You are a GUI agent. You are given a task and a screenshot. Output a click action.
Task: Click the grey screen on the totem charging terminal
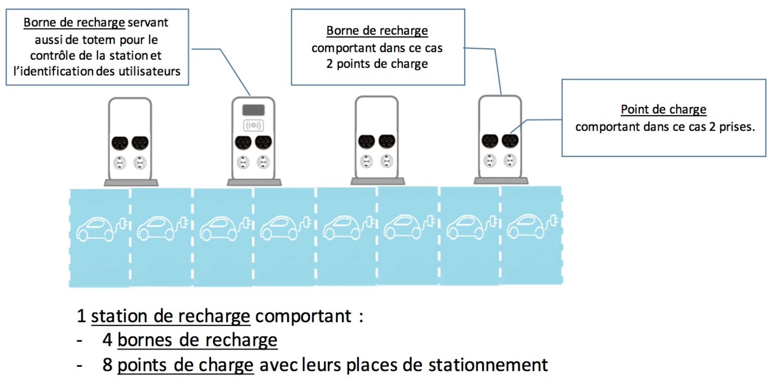coord(253,110)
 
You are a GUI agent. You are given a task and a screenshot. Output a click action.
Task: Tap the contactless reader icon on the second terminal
coord(253,125)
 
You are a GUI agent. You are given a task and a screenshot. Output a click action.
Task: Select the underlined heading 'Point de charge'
coord(663,109)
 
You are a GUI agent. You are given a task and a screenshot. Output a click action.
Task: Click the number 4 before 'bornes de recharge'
coord(107,340)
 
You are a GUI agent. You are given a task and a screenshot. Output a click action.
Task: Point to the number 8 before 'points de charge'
coord(107,365)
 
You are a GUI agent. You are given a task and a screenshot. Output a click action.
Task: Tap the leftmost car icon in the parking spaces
coord(95,229)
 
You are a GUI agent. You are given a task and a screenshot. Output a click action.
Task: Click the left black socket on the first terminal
coord(120,143)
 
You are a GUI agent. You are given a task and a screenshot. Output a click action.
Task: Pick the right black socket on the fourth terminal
coord(510,141)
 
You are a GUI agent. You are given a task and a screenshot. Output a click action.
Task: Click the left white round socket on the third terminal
coord(366,161)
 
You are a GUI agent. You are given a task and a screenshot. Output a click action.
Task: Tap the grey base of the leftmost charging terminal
coord(131,183)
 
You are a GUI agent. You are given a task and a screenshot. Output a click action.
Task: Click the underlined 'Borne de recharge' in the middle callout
coord(377,30)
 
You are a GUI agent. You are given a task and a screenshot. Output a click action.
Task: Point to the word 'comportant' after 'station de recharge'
coord(303,316)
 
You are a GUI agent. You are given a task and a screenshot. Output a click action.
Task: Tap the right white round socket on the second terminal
coord(263,162)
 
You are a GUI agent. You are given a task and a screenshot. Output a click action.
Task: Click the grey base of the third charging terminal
coord(377,182)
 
